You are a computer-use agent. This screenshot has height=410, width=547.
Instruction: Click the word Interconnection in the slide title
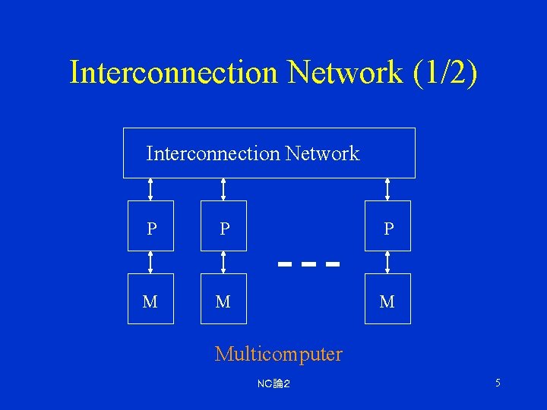pyautogui.click(x=174, y=73)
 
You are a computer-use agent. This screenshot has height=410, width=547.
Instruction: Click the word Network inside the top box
pyautogui.click(x=322, y=154)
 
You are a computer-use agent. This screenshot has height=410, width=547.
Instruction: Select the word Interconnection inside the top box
pyautogui.click(x=213, y=154)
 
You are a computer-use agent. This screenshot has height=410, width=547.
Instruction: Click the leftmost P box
pyautogui.click(x=150, y=225)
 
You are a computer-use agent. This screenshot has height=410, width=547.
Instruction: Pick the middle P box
pyautogui.click(x=223, y=225)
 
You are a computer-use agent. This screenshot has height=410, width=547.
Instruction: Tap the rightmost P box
pyautogui.click(x=387, y=225)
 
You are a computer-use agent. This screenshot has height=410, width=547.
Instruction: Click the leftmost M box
pyautogui.click(x=150, y=299)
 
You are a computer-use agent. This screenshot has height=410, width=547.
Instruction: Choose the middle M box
pyautogui.click(x=223, y=299)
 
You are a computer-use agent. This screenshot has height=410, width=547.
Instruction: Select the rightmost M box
pyautogui.click(x=387, y=299)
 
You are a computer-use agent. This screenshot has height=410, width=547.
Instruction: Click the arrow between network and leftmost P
pyautogui.click(x=150, y=189)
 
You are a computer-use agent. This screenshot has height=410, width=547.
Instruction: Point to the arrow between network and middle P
pyautogui.click(x=223, y=189)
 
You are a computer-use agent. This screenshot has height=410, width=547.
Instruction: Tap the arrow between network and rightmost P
pyautogui.click(x=387, y=189)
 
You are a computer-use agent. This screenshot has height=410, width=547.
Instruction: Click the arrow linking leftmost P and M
pyautogui.click(x=150, y=262)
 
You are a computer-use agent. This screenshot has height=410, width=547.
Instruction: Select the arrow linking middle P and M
pyautogui.click(x=223, y=262)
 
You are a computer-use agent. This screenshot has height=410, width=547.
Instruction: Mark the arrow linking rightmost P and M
pyautogui.click(x=387, y=262)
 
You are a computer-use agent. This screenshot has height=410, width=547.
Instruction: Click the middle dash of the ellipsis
pyautogui.click(x=308, y=265)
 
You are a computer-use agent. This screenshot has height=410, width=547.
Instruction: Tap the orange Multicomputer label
pyautogui.click(x=278, y=354)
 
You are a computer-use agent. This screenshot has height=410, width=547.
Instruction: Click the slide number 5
pyautogui.click(x=498, y=383)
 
